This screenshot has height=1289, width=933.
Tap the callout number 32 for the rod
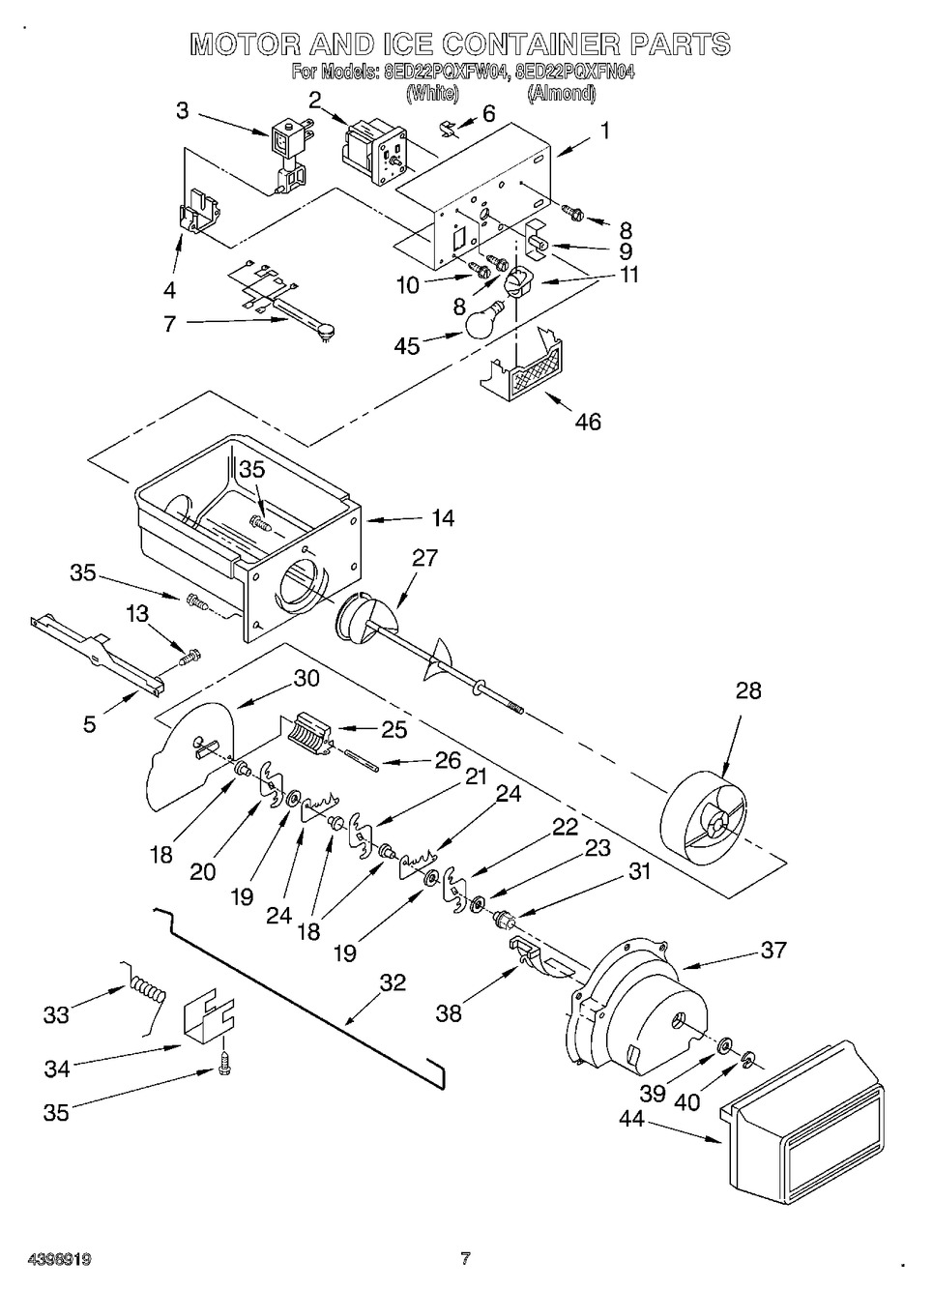[x=392, y=983]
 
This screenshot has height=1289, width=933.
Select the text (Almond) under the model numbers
[x=561, y=94]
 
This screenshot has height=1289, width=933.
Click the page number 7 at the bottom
[x=465, y=1258]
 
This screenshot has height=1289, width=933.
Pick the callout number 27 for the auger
[x=424, y=558]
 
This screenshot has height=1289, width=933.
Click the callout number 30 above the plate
[x=306, y=678]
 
